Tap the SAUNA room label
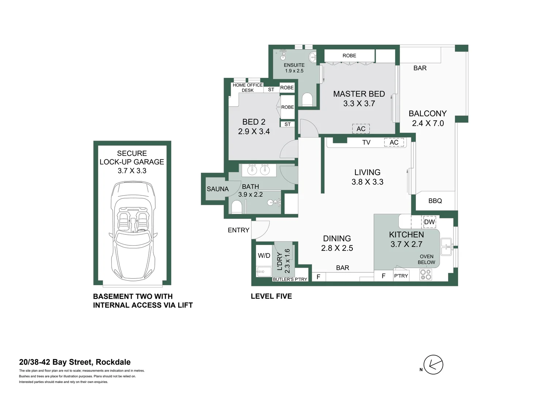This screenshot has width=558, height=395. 218,189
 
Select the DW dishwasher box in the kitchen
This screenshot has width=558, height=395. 429,222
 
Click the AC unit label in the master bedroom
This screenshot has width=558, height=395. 361,129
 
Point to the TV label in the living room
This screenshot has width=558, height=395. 366,143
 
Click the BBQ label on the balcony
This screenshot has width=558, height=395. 435,201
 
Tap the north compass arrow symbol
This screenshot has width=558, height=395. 433,365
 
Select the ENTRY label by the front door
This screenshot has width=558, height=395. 238,230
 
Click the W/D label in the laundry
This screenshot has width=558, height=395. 264,256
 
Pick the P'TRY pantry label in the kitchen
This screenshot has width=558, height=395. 401,276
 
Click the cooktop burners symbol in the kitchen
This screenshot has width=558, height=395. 425,275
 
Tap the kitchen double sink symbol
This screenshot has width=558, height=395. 446,247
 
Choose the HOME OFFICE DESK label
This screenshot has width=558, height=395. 248,87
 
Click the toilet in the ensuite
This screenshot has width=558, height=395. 307,99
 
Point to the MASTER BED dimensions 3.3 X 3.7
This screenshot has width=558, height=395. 359,104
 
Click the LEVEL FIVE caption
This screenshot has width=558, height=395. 271,296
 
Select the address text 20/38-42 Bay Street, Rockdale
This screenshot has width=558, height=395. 75,362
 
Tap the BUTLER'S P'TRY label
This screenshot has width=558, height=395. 290,279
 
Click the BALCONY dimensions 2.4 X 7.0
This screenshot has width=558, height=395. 428,124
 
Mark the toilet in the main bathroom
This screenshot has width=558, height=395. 237,208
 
